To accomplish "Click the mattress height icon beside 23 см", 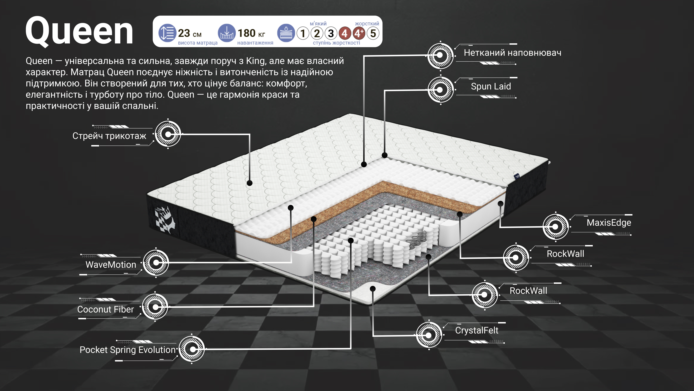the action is [x=167, y=33].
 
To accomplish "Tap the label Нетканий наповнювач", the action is [x=512, y=53].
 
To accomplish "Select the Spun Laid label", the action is [x=491, y=86].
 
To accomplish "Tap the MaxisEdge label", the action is [x=609, y=223].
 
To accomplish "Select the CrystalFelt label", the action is [x=477, y=330].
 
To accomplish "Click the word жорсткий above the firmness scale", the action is [x=367, y=24].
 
